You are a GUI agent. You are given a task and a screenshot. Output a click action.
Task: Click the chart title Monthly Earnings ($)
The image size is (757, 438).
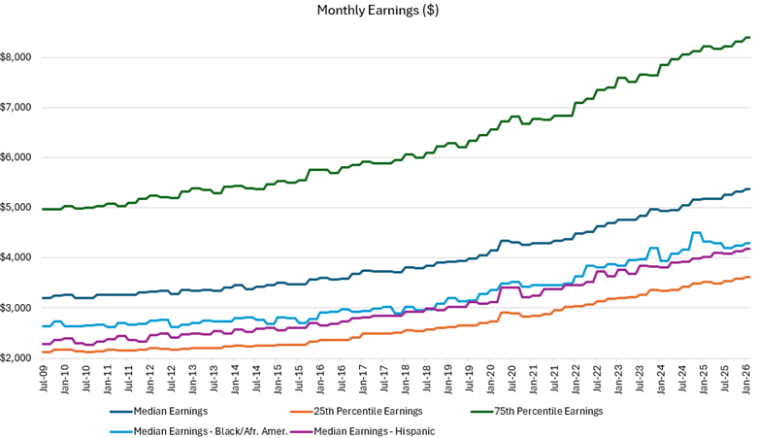(x=378, y=11)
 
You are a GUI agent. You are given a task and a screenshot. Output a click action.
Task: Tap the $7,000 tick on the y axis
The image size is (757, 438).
(x=18, y=108)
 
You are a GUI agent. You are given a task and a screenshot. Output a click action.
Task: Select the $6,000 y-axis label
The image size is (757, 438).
(x=18, y=157)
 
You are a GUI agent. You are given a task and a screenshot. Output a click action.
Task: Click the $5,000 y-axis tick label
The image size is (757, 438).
(x=18, y=208)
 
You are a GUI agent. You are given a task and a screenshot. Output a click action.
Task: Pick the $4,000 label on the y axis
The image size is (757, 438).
(x=18, y=257)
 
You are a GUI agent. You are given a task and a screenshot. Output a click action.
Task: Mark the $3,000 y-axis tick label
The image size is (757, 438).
(x=18, y=308)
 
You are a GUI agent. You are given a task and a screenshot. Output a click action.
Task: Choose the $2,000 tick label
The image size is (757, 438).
(x=18, y=357)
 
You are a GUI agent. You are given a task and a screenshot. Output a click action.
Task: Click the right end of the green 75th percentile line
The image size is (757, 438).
(x=749, y=38)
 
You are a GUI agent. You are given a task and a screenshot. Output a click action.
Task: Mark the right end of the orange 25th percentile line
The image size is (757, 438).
(x=749, y=278)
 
